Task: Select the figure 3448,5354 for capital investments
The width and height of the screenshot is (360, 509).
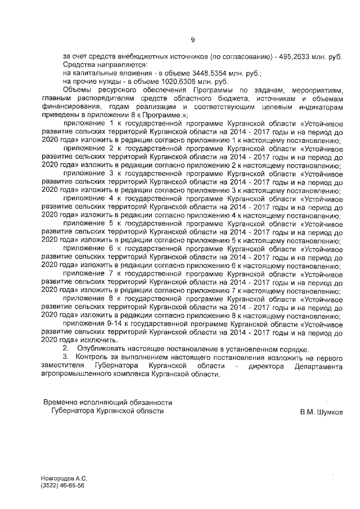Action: [x=208, y=73]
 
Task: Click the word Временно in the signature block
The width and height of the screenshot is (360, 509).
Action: [x=60, y=403]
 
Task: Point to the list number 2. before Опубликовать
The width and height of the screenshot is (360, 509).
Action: [x=65, y=349]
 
